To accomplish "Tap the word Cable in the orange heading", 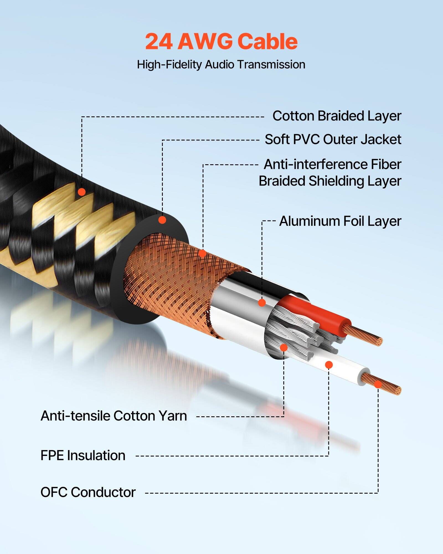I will [x=267, y=42].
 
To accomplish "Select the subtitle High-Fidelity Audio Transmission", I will [x=221, y=65].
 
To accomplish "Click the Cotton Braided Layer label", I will [x=337, y=116].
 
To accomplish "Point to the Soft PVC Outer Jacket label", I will [x=333, y=139].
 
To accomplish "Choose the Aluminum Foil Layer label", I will [x=340, y=221].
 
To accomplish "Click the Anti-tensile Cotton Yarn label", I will [x=114, y=416].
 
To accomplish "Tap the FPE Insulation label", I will [x=83, y=455].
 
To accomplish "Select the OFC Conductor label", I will [x=88, y=492].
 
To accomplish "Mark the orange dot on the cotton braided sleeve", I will [x=82, y=192].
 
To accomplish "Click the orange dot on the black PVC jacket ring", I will [x=162, y=220].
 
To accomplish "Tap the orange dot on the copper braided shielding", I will [x=203, y=253].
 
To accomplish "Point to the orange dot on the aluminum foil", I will [x=262, y=302].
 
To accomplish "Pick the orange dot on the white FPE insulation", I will [x=329, y=365].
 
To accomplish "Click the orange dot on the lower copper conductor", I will [x=378, y=384].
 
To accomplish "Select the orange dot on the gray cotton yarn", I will [x=284, y=347].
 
